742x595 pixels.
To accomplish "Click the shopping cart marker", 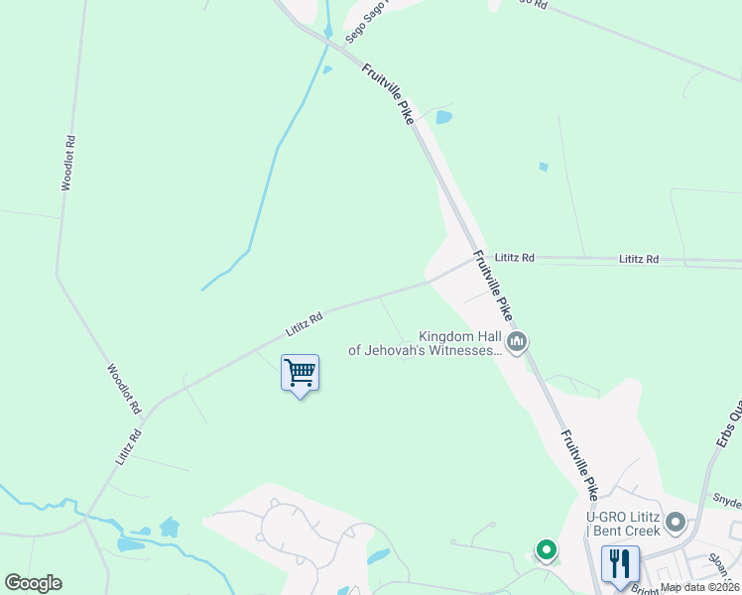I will pos(300,374).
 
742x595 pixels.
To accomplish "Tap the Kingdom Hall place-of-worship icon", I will pos(516,343).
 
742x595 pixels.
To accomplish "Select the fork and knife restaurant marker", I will pos(620,564).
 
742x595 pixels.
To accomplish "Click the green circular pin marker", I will pos(546,548).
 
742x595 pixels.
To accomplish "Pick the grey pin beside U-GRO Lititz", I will pos(677,521).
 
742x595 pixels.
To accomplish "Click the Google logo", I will pos(33,583).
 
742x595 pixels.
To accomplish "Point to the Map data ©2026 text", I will pos(699,587).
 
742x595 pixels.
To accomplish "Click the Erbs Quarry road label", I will pos(729,417).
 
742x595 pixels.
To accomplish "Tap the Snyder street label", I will pos(727,500).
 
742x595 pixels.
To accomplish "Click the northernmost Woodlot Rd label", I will pos(67,163).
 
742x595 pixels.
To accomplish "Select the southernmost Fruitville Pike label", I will pos(579,463).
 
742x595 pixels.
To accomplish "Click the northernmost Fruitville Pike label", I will pos(388,95).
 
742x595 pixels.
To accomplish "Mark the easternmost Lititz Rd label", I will pos(638,259).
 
